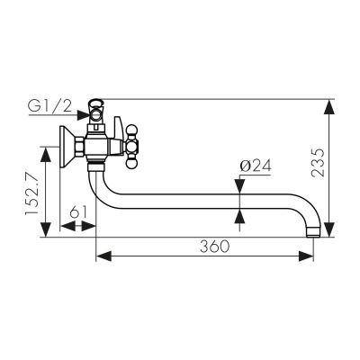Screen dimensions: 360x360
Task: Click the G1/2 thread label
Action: pos(50,106)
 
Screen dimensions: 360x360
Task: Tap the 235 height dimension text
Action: pos(318,163)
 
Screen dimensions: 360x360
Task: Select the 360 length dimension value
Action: pos(215,247)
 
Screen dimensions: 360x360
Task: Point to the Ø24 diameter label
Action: pos(256,166)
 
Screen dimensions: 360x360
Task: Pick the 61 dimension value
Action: pos(78,212)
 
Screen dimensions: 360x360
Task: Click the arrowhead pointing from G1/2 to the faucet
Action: pos(83,115)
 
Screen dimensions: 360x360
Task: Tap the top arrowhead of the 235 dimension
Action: pos(329,106)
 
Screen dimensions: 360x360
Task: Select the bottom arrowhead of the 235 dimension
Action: pos(329,229)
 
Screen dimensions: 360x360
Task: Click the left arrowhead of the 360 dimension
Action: pos(103,256)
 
